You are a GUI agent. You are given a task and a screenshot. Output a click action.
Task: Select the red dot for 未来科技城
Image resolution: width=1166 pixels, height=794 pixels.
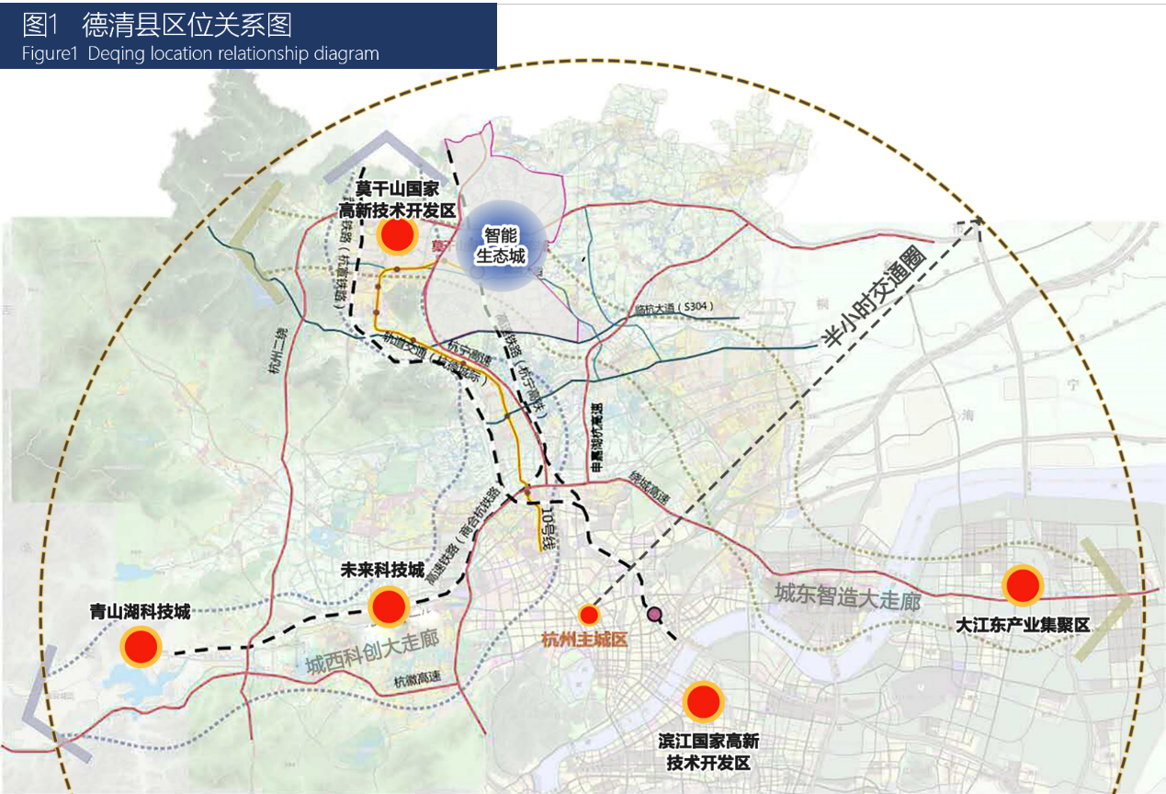click(389, 607)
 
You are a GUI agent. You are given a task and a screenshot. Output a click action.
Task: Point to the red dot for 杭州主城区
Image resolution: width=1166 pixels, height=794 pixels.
click(589, 614)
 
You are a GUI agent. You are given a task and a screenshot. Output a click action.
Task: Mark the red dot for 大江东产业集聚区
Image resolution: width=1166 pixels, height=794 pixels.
click(1021, 585)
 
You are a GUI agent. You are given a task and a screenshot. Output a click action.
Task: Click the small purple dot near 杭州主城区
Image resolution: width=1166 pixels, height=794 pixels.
click(654, 614)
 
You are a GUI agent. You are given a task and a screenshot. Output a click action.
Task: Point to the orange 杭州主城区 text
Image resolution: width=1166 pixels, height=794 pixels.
click(584, 639)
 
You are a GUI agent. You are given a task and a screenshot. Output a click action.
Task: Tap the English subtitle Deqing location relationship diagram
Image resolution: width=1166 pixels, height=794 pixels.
click(200, 53)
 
